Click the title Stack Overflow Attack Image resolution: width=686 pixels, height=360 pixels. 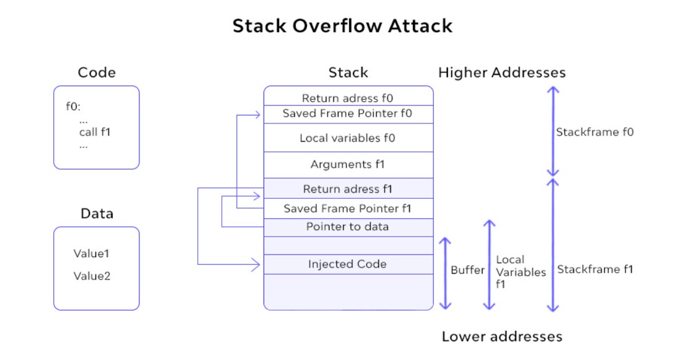pyautogui.click(x=342, y=26)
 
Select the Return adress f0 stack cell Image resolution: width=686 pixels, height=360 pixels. pyautogui.click(x=348, y=98)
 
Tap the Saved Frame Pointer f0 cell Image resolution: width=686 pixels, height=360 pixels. pyautogui.click(x=348, y=114)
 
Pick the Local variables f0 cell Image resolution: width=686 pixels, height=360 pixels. pyautogui.click(x=348, y=138)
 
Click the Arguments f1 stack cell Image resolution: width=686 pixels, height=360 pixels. pyautogui.click(x=348, y=165)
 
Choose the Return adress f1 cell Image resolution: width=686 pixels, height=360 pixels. pyautogui.click(x=348, y=189)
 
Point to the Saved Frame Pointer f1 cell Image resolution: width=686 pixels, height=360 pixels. pyautogui.click(x=348, y=209)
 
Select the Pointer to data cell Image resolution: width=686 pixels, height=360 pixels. pyautogui.click(x=348, y=227)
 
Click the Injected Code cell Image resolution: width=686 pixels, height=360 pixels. pyautogui.click(x=348, y=264)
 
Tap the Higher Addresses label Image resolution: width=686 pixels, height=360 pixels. pyautogui.click(x=502, y=73)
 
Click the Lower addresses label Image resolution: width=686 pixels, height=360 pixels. pyautogui.click(x=502, y=336)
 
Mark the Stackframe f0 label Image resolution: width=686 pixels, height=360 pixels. pyautogui.click(x=595, y=133)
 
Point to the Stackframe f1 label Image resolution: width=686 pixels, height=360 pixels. pyautogui.click(x=595, y=269)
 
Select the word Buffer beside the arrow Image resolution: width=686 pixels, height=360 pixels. pyautogui.click(x=468, y=270)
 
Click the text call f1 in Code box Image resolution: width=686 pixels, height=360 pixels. pyautogui.click(x=95, y=133)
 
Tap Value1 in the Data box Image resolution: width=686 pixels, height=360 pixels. pyautogui.click(x=91, y=253)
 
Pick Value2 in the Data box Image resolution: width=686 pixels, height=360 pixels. pyautogui.click(x=91, y=276)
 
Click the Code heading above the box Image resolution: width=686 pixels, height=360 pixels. pyautogui.click(x=97, y=73)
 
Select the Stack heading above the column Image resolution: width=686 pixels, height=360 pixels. pyautogui.click(x=348, y=73)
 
